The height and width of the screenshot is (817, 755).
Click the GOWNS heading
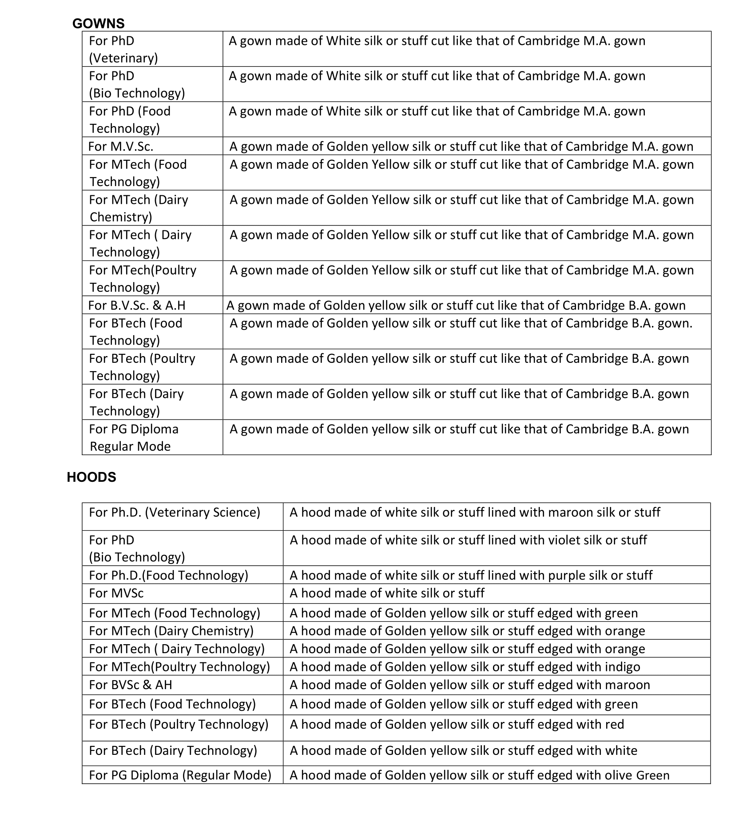[x=98, y=23]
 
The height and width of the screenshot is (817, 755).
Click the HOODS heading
[x=91, y=477]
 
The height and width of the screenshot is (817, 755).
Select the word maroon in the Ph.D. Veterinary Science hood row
[x=571, y=512]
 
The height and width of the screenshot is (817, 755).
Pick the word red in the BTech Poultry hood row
[x=614, y=724]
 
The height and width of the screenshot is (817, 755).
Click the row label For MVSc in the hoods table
[x=116, y=593]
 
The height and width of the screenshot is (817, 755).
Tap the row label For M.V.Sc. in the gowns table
[x=121, y=147]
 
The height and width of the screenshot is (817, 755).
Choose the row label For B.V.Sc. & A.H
[x=137, y=305]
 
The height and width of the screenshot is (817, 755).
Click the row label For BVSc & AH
[x=131, y=685]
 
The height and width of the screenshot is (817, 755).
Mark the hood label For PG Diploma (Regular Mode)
[x=180, y=775]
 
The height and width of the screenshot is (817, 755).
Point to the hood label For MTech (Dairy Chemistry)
[x=171, y=631]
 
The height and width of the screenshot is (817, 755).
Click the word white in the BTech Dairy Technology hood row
[x=621, y=750]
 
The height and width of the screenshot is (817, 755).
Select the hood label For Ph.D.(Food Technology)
[x=169, y=575]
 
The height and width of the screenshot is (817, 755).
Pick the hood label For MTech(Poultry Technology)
[x=179, y=666]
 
